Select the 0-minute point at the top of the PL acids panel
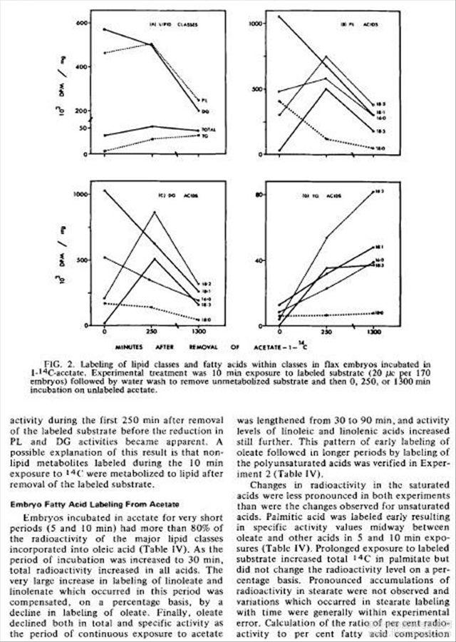[279, 16]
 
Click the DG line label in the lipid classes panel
[204, 111]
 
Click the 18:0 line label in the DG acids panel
[206, 319]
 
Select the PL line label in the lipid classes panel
[204, 100]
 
